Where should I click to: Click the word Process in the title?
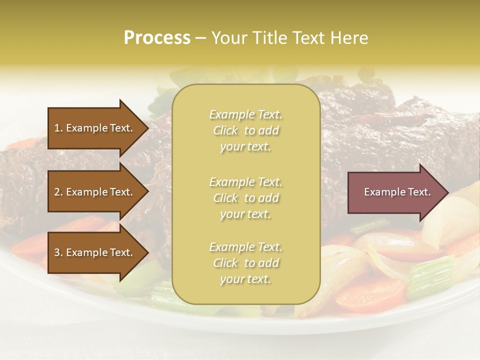coord(157,38)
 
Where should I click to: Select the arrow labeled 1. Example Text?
coord(95,128)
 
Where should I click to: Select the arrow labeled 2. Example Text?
coord(95,192)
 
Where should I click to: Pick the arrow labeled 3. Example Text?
coord(95,252)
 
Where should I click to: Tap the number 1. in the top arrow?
coord(58,128)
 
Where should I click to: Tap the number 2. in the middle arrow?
coord(58,192)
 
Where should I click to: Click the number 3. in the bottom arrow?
coord(58,252)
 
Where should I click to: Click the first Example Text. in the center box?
coord(245,114)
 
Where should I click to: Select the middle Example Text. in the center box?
coord(245,182)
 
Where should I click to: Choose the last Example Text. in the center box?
coord(245,247)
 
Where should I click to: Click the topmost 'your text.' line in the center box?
coord(245,147)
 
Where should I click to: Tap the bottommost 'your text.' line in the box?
coord(245,279)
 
